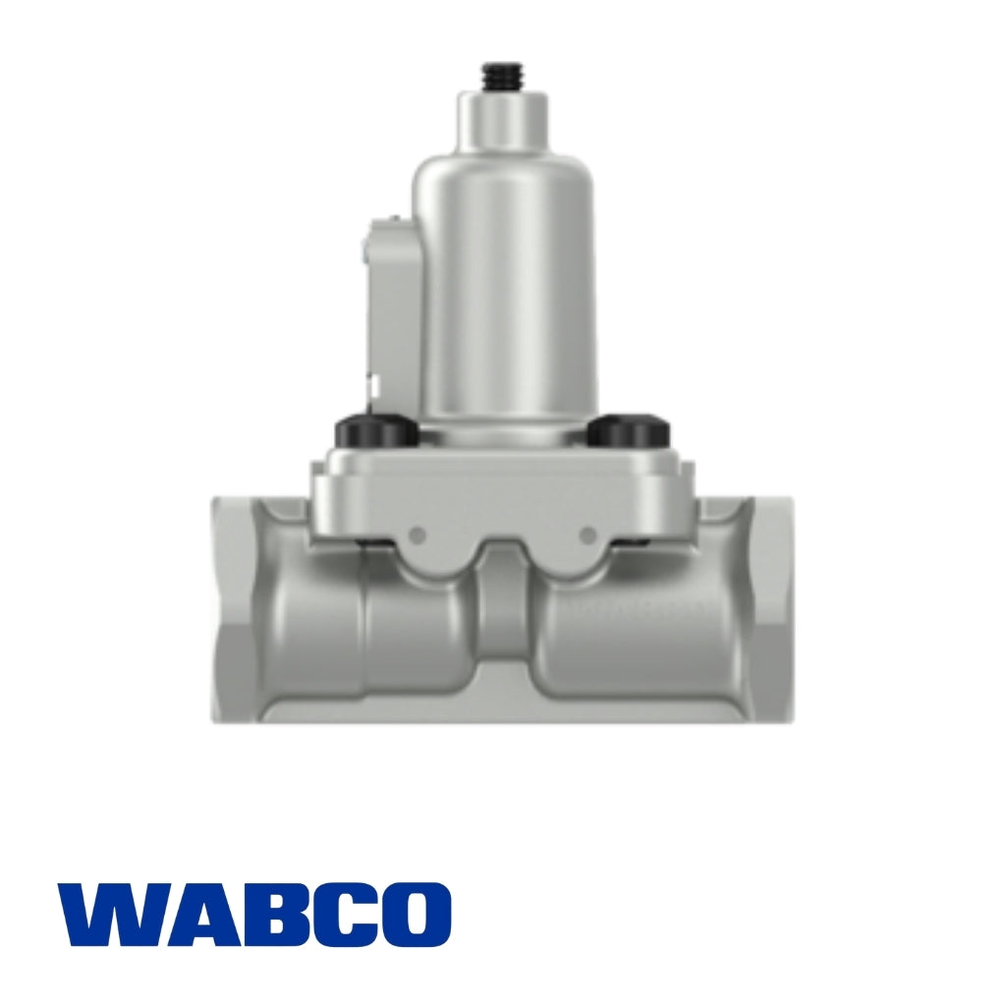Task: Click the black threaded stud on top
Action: tap(503, 77)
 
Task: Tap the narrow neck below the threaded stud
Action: tap(503, 123)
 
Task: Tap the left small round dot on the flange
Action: tap(418, 534)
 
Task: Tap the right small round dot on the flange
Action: tap(588, 534)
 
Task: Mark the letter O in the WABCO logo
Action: tap(414, 914)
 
